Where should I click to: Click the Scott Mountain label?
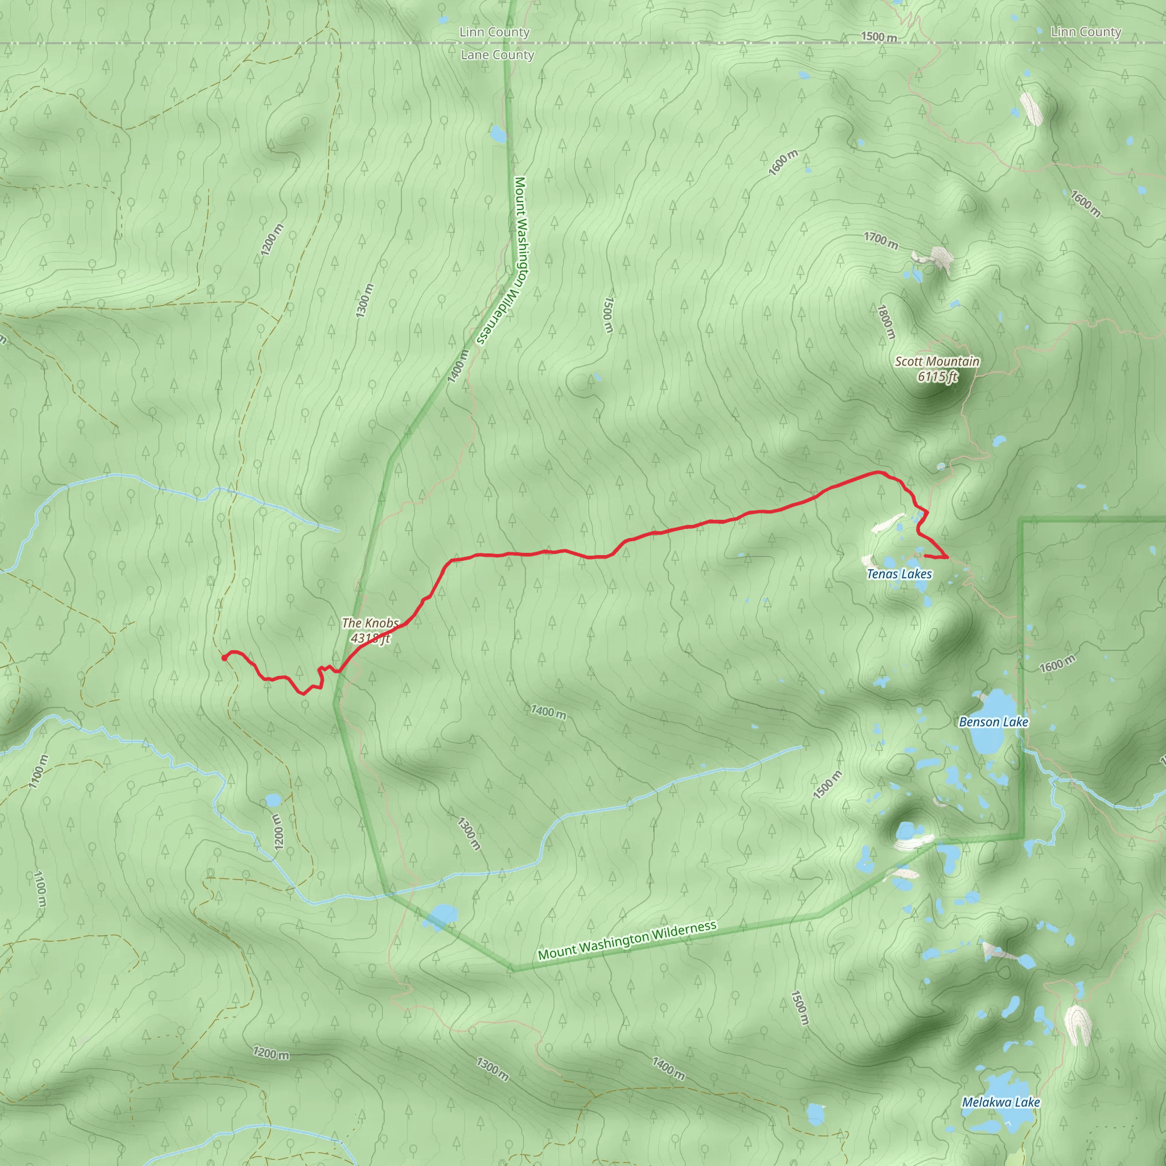pyautogui.click(x=937, y=362)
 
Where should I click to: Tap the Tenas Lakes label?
pyautogui.click(x=899, y=574)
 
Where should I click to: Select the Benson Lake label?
pyautogui.click(x=993, y=722)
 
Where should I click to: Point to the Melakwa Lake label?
pyautogui.click(x=1001, y=1102)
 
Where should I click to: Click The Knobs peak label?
pyautogui.click(x=370, y=623)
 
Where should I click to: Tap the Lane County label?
pyautogui.click(x=497, y=55)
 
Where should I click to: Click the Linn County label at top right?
pyautogui.click(x=1086, y=32)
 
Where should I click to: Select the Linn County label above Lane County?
pyautogui.click(x=494, y=32)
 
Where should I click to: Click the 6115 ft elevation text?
pyautogui.click(x=937, y=376)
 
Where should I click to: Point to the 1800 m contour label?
pyautogui.click(x=886, y=322)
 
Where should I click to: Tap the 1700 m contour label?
pyautogui.click(x=881, y=240)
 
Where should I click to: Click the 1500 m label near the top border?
pyautogui.click(x=878, y=37)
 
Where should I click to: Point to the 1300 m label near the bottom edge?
pyautogui.click(x=492, y=1069)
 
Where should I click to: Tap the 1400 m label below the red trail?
pyautogui.click(x=548, y=712)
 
